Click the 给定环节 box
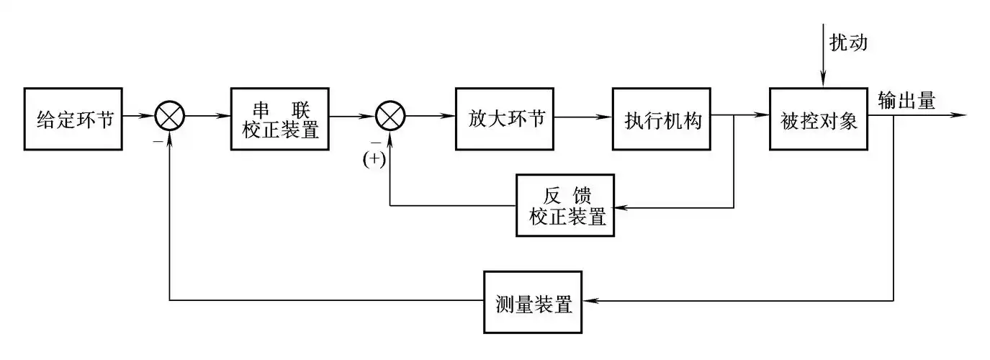(75, 119)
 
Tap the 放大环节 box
(505, 119)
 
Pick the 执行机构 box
(662, 119)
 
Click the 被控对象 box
(819, 119)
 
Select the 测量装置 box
(534, 302)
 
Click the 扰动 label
(848, 42)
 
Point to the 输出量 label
(906, 102)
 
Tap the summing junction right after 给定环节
(170, 115)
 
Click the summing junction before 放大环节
(391, 115)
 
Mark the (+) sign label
(374, 160)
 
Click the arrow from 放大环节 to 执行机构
(583, 115)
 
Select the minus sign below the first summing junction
(156, 141)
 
